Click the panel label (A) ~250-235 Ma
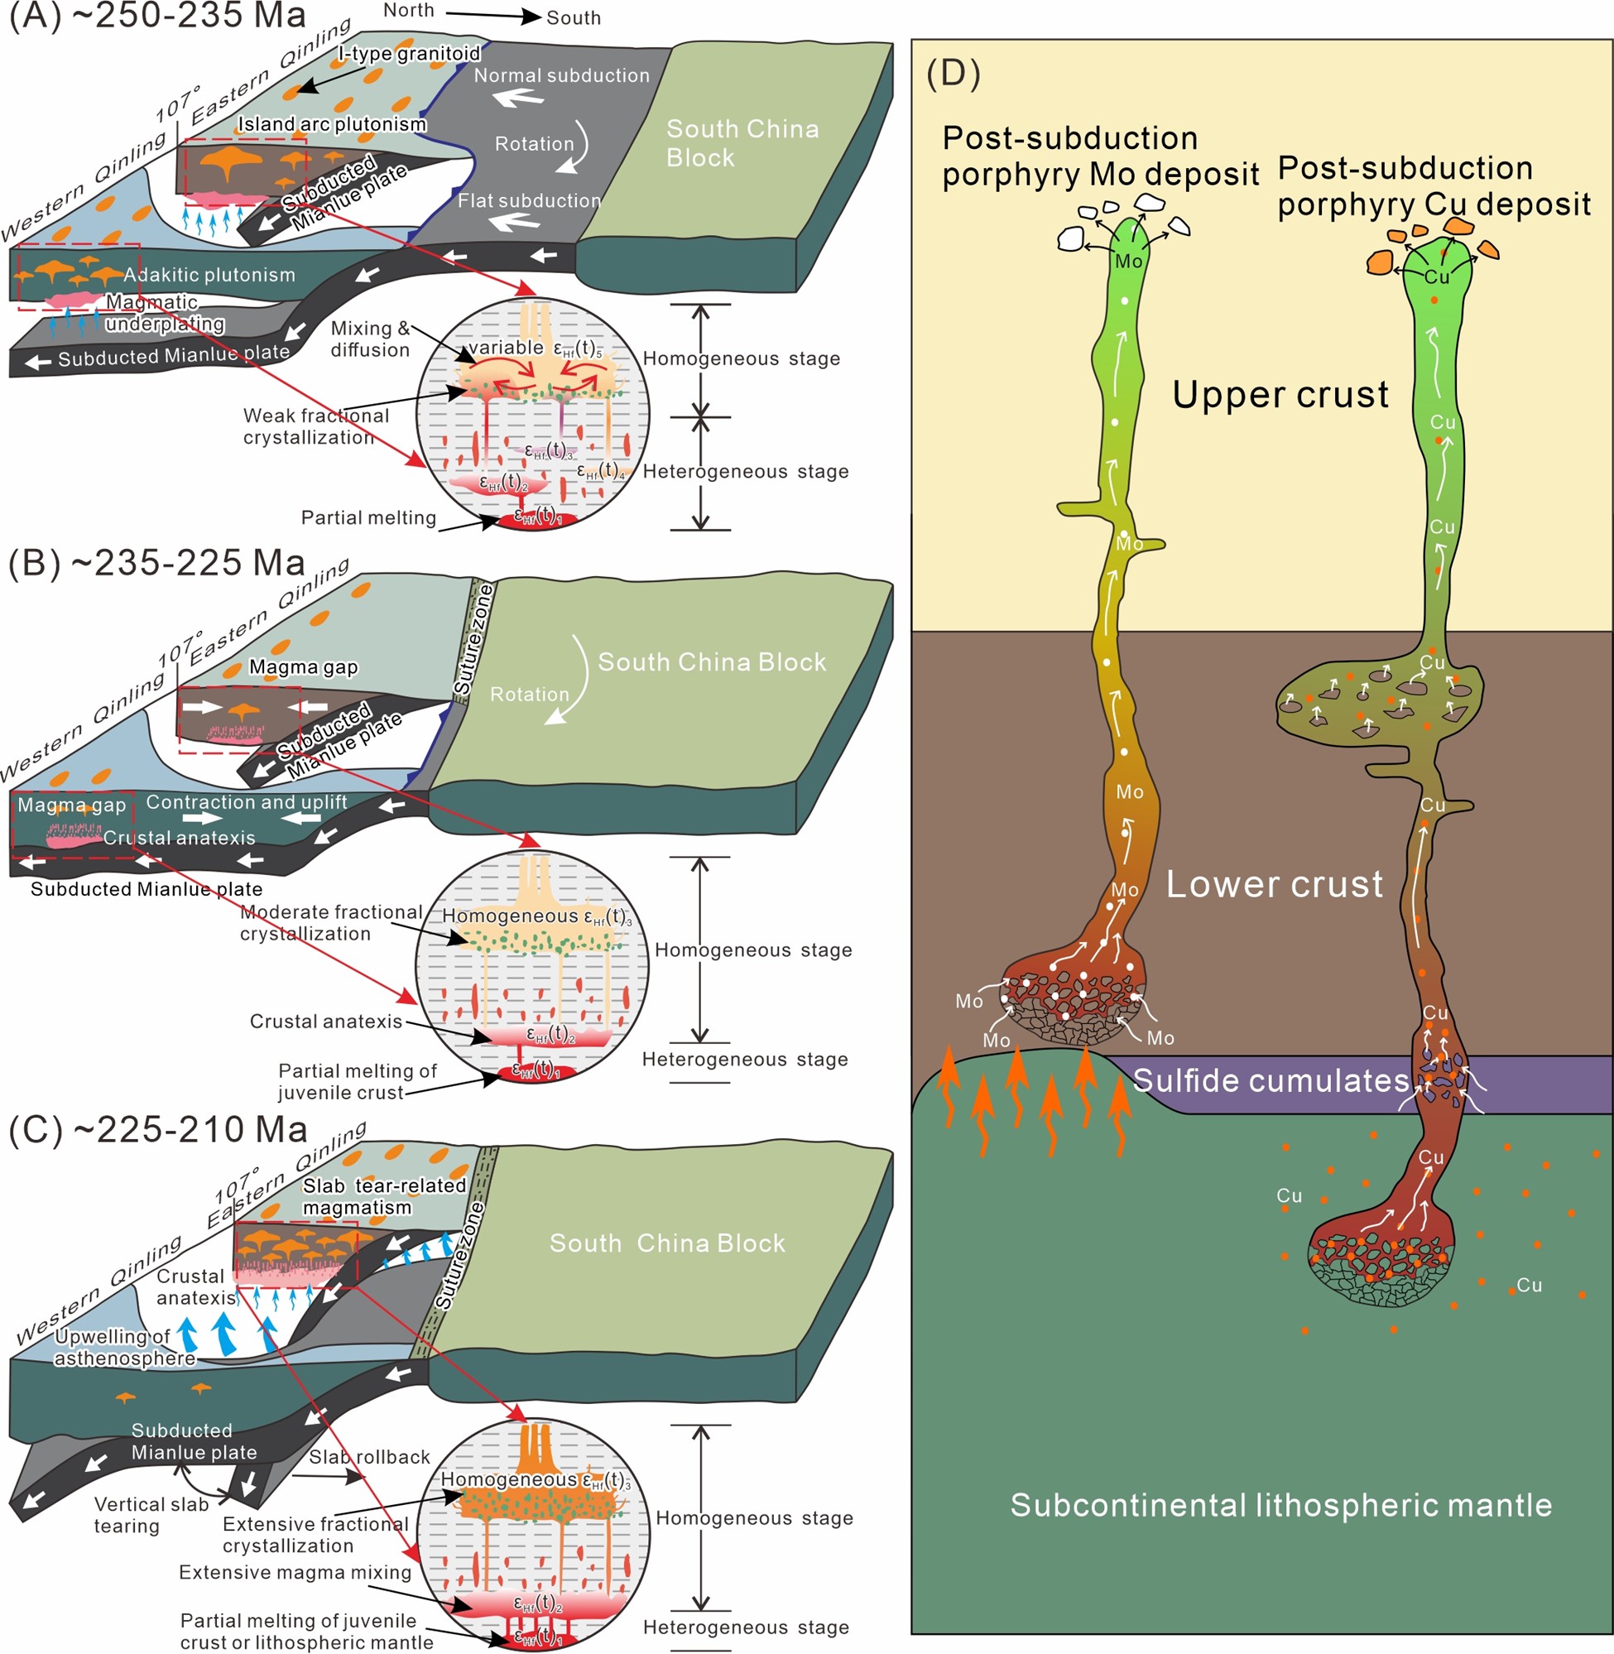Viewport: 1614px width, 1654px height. click(157, 15)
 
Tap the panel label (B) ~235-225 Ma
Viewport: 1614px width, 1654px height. click(156, 563)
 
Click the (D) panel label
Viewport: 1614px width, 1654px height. click(953, 74)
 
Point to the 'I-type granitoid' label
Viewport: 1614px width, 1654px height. click(410, 54)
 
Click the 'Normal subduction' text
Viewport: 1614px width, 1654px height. click(561, 75)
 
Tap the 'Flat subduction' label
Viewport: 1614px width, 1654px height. click(529, 201)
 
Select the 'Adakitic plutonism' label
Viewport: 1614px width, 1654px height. click(209, 275)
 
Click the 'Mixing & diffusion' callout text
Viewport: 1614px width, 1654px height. click(371, 339)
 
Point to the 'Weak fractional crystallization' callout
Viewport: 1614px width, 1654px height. click(315, 426)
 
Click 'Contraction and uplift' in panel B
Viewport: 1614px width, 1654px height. click(247, 802)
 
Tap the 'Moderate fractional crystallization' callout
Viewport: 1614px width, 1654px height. click(330, 922)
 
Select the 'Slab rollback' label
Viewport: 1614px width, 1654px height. click(370, 1456)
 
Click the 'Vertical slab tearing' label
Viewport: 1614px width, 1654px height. click(151, 1515)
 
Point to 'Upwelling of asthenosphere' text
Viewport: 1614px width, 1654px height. click(126, 1347)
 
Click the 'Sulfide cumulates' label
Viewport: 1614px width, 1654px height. click(1271, 1080)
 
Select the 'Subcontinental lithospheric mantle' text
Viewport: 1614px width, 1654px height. click(1281, 1505)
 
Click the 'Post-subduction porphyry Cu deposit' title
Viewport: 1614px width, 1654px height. click(1434, 186)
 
